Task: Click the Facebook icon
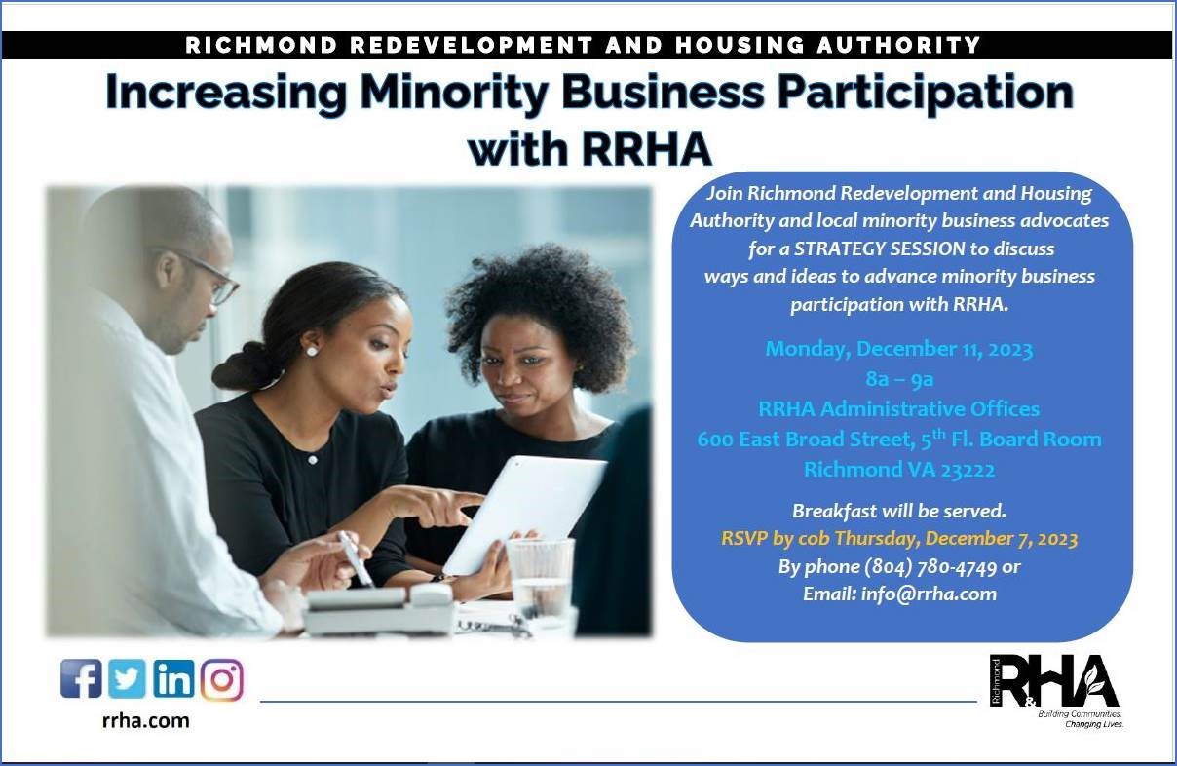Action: tap(81, 678)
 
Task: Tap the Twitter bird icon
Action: tap(128, 678)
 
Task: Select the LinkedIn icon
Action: tap(173, 678)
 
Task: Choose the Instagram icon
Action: tap(222, 680)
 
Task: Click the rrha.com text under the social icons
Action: tap(145, 721)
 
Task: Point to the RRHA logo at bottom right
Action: tap(1055, 689)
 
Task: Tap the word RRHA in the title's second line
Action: tap(646, 150)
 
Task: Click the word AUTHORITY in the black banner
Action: tap(898, 45)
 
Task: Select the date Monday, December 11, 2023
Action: tap(899, 349)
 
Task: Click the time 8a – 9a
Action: tap(899, 379)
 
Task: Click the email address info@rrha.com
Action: tap(929, 594)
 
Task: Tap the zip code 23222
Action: tap(968, 470)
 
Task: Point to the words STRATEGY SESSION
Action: tap(880, 249)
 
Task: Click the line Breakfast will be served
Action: tap(899, 511)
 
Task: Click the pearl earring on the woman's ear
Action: tap(312, 351)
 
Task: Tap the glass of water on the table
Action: tap(540, 577)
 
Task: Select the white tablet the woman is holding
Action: tap(524, 516)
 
